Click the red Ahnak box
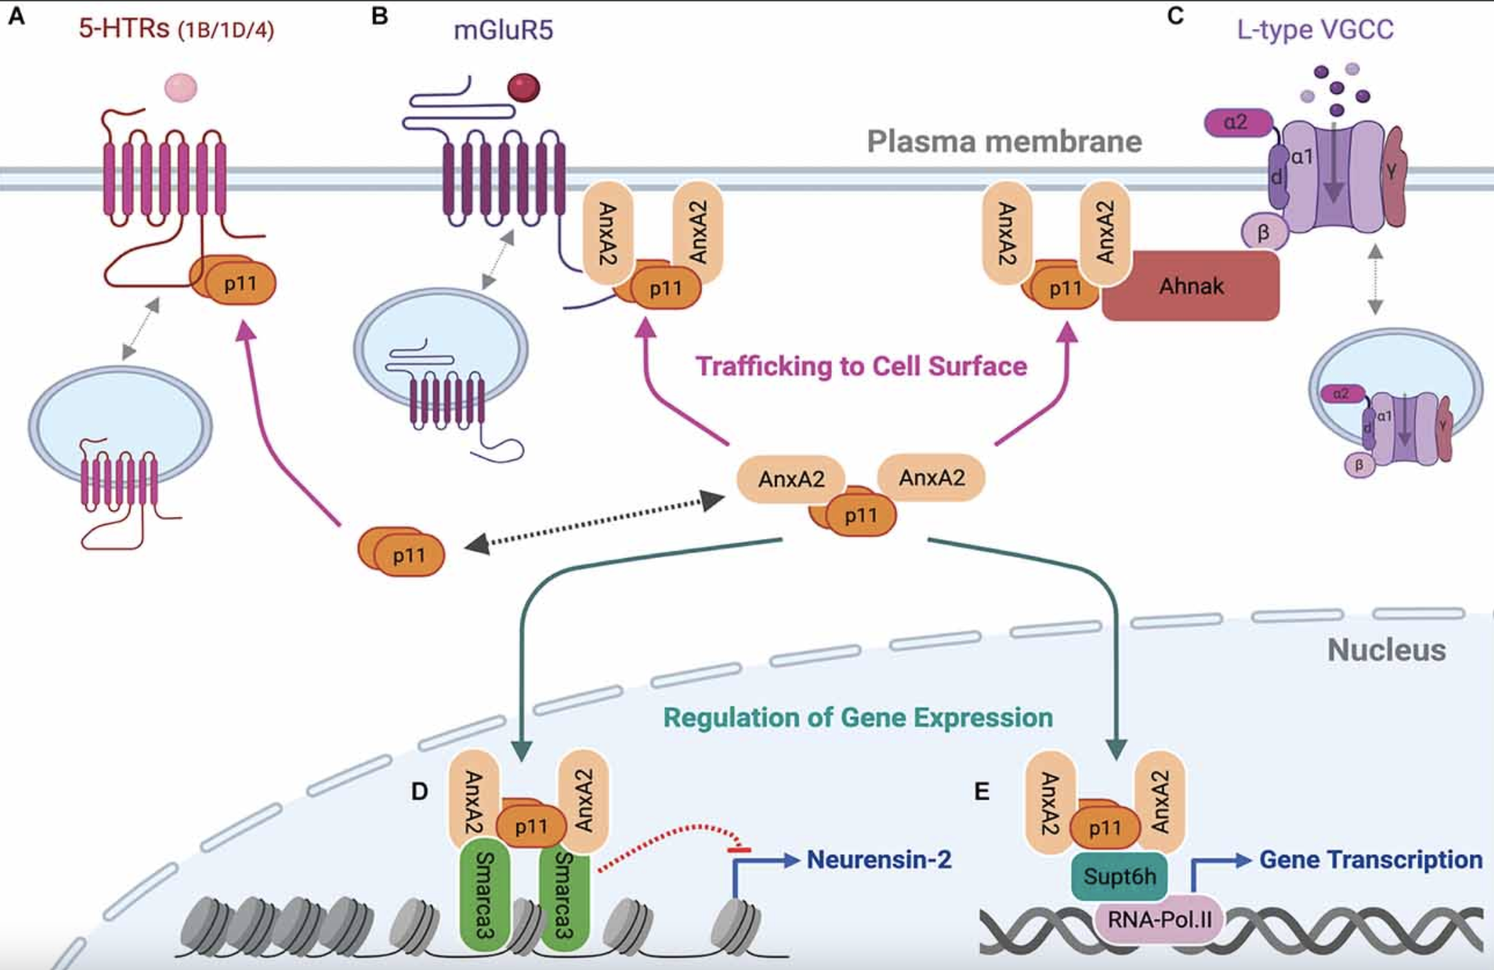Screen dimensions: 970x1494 tap(1191, 286)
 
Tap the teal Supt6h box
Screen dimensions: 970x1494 tap(1119, 876)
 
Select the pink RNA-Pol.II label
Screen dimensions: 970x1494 tap(1159, 919)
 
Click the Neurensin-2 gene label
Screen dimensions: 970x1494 tap(879, 860)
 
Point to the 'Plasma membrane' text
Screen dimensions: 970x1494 tap(1004, 141)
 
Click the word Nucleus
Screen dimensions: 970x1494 tap(1386, 650)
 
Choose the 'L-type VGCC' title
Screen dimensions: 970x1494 tap(1315, 30)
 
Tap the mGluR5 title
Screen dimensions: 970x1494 tap(503, 30)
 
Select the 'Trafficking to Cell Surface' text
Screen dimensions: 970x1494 tap(861, 366)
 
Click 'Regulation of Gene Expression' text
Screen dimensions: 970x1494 tap(857, 717)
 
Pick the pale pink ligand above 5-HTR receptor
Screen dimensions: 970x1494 tap(181, 88)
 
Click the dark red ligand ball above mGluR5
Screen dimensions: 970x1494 tap(524, 88)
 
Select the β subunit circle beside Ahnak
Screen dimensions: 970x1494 tap(1264, 232)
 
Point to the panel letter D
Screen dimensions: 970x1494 tap(419, 791)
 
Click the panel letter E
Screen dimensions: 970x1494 tap(982, 791)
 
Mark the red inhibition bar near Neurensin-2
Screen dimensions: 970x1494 tap(739, 849)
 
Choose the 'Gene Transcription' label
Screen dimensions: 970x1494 tap(1371, 860)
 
